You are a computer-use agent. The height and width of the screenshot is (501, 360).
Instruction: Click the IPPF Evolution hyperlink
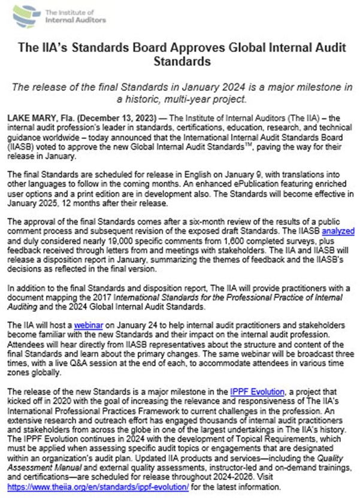(x=256, y=391)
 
